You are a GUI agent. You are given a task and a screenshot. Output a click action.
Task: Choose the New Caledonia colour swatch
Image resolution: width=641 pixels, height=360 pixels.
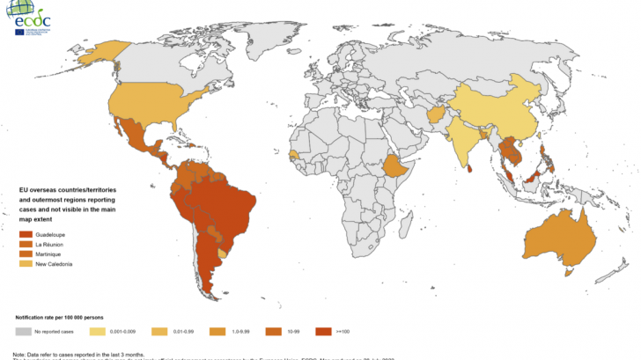coord(26,264)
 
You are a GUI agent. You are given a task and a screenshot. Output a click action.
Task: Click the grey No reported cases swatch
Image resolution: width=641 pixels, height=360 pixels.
coord(23,332)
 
